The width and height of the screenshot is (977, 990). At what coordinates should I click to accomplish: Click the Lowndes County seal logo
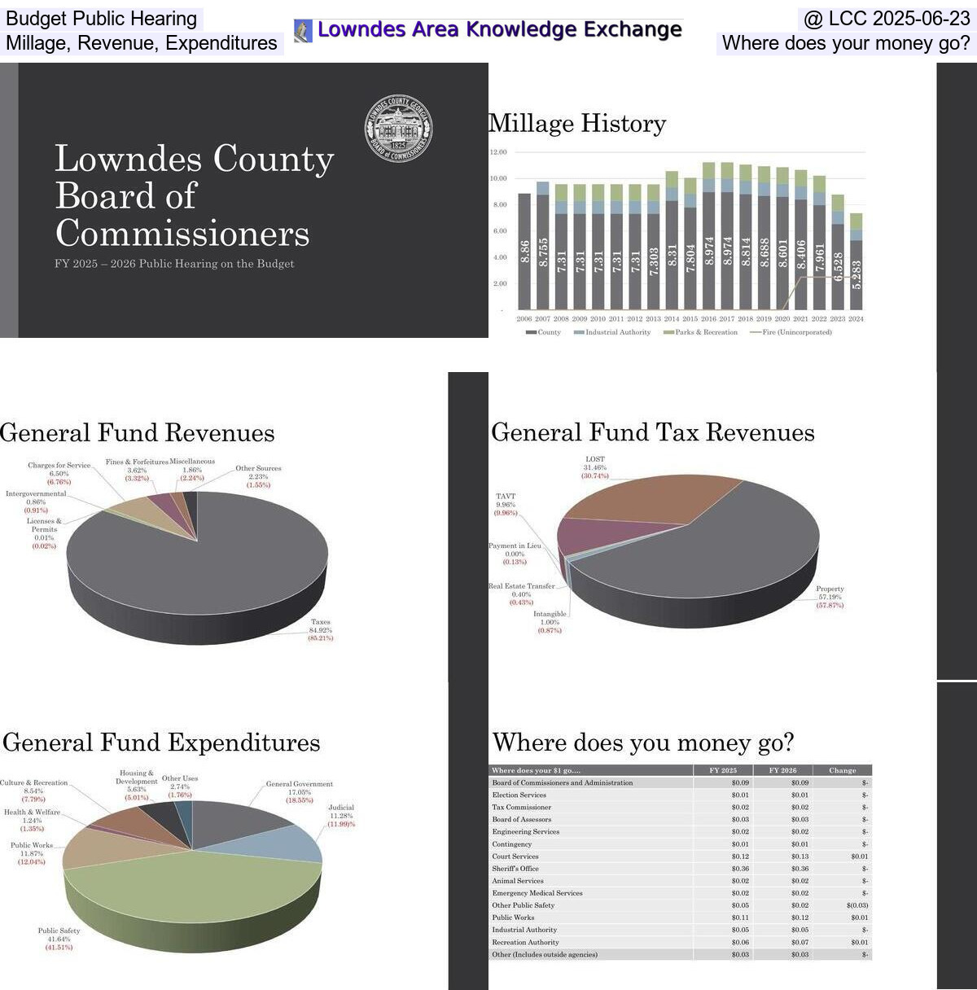click(x=398, y=129)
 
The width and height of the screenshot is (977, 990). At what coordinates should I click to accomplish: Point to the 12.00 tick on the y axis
click(x=498, y=152)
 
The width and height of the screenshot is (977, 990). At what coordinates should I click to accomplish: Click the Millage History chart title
click(x=577, y=124)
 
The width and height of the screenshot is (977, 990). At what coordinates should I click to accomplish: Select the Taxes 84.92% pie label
click(x=321, y=630)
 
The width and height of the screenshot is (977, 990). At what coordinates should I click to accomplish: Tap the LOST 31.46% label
click(x=595, y=467)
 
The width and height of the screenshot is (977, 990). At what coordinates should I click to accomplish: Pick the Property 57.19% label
click(x=830, y=597)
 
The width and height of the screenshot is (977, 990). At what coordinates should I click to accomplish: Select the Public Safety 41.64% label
click(x=59, y=939)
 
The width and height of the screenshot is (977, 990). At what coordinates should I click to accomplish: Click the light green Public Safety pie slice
click(x=195, y=887)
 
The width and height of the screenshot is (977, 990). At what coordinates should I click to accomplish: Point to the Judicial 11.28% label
click(x=341, y=816)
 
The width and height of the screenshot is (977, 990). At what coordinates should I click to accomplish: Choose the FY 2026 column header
click(x=782, y=770)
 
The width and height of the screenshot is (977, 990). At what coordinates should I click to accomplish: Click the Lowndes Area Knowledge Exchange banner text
click(x=499, y=30)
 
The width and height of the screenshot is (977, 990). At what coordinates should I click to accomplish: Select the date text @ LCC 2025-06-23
click(x=887, y=19)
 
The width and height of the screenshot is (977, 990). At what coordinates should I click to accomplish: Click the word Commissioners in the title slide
click(x=182, y=234)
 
